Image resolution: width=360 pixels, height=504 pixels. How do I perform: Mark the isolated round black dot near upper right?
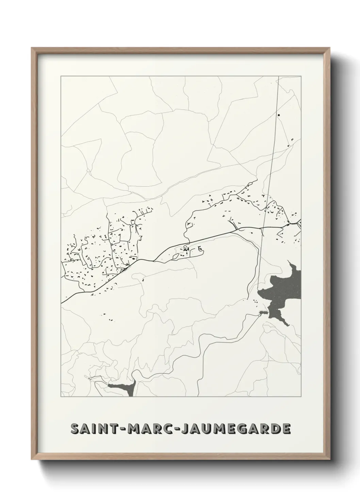[x=279, y=115]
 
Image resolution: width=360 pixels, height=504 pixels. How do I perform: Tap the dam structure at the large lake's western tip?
[x=263, y=312]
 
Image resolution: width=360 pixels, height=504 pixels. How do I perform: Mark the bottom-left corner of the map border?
[x=61, y=397]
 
